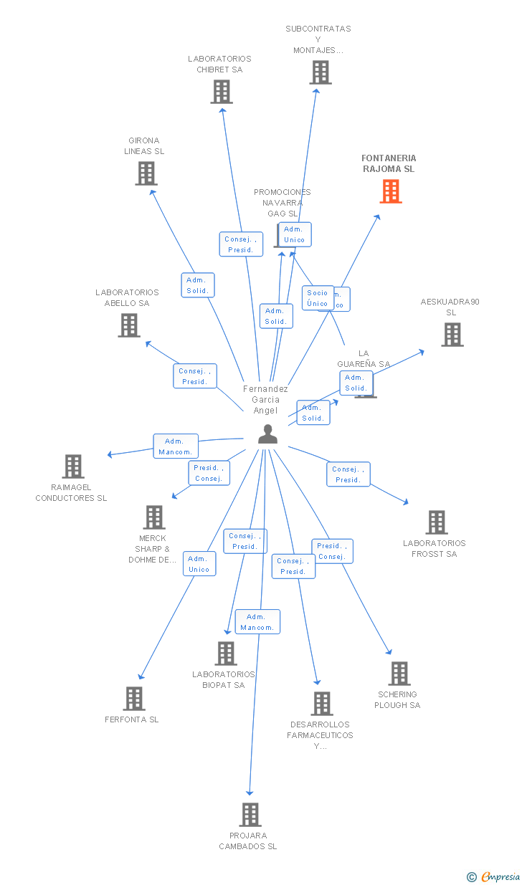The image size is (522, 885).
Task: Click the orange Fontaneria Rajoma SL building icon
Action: click(x=391, y=191)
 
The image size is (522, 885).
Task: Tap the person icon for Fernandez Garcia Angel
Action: click(x=267, y=434)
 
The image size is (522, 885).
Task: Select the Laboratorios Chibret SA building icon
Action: click(x=222, y=92)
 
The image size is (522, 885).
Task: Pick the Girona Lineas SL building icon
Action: click(x=146, y=173)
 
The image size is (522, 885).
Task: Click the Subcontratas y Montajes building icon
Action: click(x=321, y=72)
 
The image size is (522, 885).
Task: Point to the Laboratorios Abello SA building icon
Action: click(x=129, y=325)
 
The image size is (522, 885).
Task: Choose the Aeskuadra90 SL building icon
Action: click(x=452, y=335)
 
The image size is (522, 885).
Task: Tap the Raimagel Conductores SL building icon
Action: click(x=73, y=467)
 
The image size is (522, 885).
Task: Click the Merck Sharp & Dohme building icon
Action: click(x=154, y=517)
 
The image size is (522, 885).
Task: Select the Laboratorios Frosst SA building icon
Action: click(x=437, y=522)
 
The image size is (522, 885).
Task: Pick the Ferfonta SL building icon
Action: click(x=134, y=699)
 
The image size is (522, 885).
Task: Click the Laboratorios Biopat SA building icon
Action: click(x=226, y=654)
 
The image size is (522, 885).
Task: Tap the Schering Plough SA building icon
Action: click(x=399, y=674)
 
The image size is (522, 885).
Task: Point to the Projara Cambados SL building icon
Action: click(x=250, y=815)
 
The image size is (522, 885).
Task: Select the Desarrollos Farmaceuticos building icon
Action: click(x=322, y=704)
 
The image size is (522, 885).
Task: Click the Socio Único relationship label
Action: click(x=317, y=298)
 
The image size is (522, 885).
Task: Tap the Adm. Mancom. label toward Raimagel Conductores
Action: click(x=175, y=446)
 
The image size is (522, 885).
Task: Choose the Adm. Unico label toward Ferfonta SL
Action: click(x=199, y=564)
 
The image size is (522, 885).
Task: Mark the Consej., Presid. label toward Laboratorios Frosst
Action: click(x=348, y=474)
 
